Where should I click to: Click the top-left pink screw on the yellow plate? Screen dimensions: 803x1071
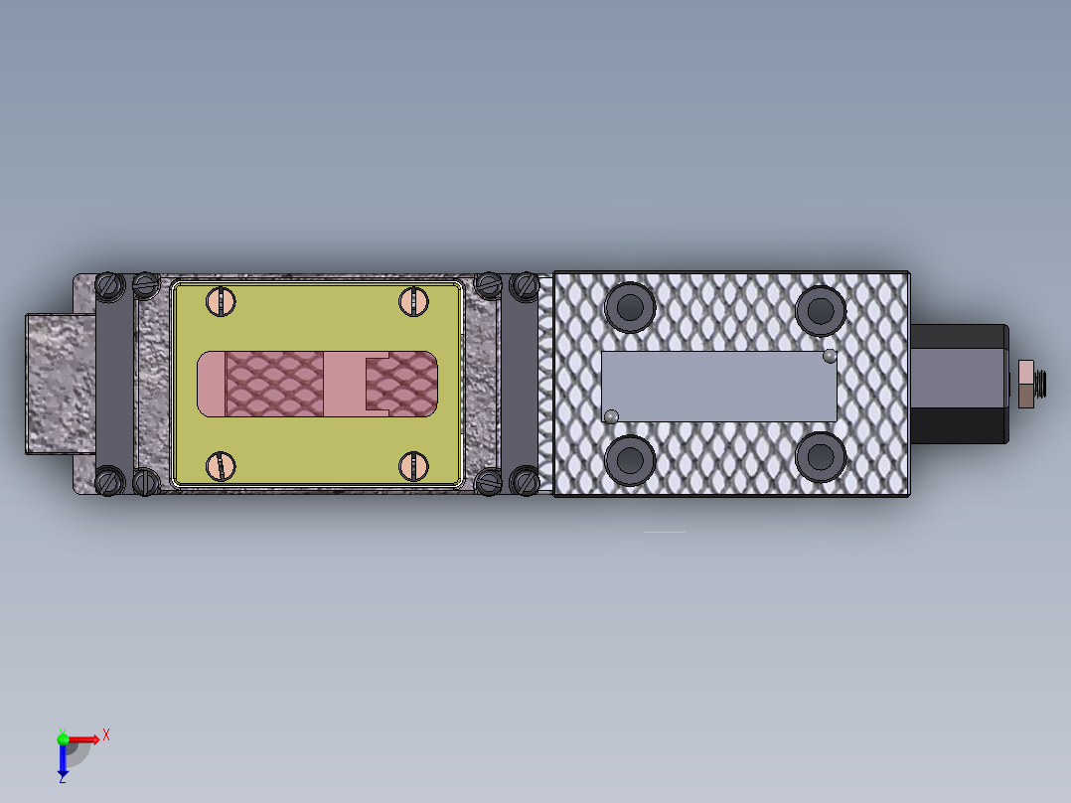tap(220, 301)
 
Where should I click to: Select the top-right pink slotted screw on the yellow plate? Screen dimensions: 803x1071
tap(412, 301)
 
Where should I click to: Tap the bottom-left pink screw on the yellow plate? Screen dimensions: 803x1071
tap(220, 465)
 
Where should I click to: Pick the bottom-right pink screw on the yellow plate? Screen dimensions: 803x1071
tap(412, 465)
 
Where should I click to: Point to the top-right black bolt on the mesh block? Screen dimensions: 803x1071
tap(821, 310)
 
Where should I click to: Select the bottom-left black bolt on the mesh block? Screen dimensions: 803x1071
tap(628, 458)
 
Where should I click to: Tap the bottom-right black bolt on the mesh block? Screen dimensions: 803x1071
tap(821, 456)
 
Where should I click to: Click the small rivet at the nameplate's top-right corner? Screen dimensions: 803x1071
tap(831, 356)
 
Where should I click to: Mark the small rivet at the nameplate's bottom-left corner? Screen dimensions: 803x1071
tap(611, 415)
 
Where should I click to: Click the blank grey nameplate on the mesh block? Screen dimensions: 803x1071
tap(719, 386)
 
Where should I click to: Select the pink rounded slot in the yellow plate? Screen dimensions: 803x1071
tap(318, 384)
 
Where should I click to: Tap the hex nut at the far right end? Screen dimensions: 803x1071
tap(1026, 384)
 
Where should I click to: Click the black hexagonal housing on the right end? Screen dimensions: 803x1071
tap(959, 384)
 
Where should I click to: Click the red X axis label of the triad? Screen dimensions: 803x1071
tap(106, 734)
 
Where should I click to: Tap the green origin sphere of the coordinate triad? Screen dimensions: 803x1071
tap(64, 738)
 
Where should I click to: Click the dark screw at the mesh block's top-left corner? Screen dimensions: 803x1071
tap(525, 286)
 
